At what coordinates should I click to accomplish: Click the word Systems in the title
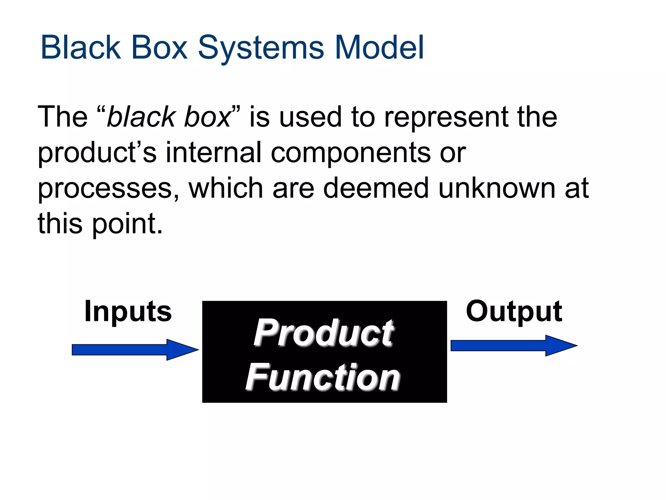261,48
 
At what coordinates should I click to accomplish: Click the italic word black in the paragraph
141,117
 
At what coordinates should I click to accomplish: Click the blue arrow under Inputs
135,350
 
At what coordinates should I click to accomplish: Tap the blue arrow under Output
514,345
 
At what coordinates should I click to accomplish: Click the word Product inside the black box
324,333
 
